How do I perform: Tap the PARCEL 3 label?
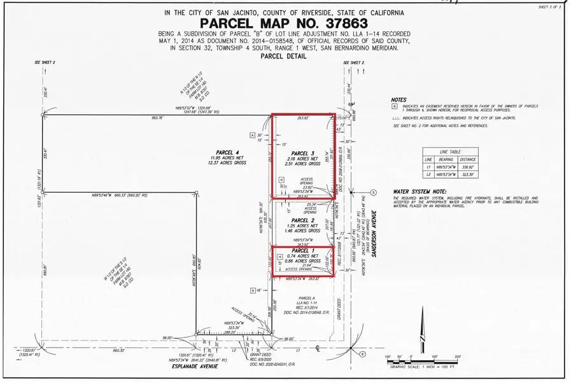(303, 154)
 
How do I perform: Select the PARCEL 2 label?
(303, 220)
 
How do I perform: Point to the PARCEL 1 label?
(303, 250)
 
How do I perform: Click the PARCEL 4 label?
(227, 152)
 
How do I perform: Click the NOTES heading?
(399, 100)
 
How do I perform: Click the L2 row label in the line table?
(430, 173)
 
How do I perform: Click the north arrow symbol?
(422, 337)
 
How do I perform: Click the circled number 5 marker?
(374, 192)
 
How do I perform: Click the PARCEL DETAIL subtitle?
(283, 56)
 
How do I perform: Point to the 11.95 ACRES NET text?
(227, 158)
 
